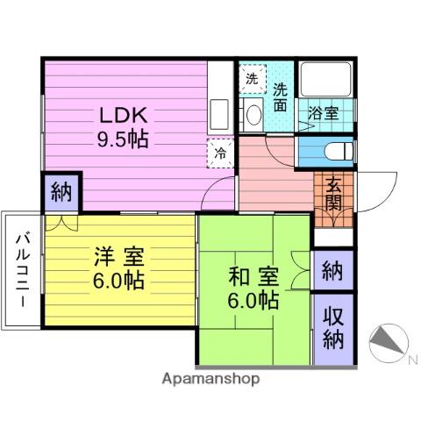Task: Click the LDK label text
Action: (123, 116)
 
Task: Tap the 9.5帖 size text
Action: (123, 139)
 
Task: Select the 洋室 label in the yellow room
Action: (119, 257)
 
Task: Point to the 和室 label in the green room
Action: (253, 276)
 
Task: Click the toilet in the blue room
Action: (339, 151)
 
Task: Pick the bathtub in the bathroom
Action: (326, 79)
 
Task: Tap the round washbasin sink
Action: (253, 115)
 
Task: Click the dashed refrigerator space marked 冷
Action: (220, 153)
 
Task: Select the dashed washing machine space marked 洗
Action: (253, 79)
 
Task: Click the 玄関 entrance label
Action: (333, 193)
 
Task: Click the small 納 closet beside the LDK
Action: (61, 192)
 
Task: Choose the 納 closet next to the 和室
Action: (332, 271)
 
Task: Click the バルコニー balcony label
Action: (23, 270)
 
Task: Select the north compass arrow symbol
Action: (389, 343)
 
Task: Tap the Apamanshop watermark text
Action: (210, 379)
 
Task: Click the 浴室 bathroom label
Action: (324, 113)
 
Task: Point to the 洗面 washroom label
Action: (281, 97)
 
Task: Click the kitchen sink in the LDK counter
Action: (219, 113)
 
